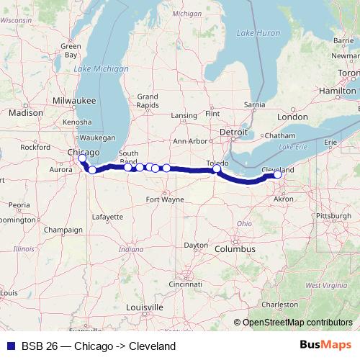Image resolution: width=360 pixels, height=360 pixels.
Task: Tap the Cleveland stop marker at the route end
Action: point(278,174)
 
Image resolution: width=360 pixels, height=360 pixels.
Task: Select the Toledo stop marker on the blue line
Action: point(217,170)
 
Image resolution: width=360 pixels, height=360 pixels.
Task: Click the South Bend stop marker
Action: point(128,166)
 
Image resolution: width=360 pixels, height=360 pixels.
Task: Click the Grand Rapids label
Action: point(148,101)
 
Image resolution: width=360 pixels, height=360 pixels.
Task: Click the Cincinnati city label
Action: point(186,284)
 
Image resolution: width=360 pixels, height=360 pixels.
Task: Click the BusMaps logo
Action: point(325,346)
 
